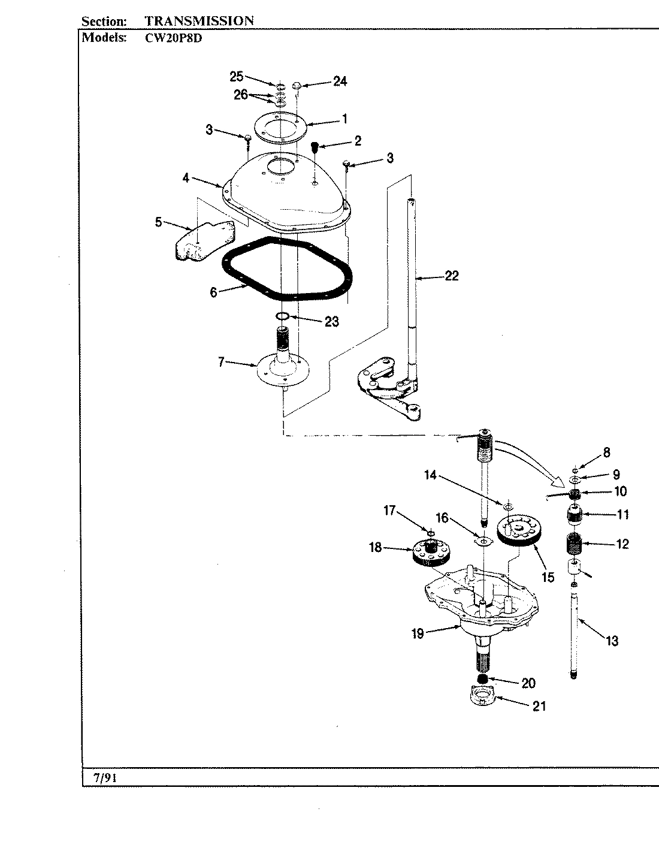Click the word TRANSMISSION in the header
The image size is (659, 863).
click(199, 20)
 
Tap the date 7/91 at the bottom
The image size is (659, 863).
click(105, 778)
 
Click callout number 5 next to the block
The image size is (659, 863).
click(158, 222)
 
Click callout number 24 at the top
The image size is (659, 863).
click(340, 81)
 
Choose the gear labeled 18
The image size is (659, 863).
click(430, 551)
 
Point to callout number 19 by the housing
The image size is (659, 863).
click(418, 633)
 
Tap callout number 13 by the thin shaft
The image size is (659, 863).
click(612, 641)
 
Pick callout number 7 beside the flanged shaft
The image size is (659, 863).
click(221, 363)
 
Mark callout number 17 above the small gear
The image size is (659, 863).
click(390, 510)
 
